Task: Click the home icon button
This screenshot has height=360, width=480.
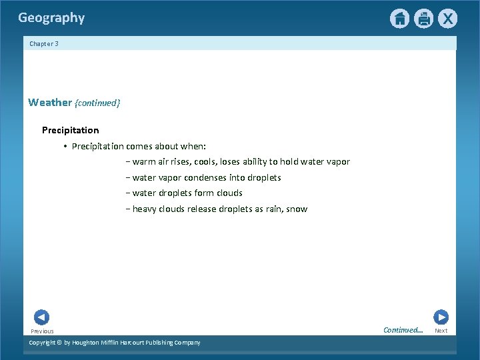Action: point(399,19)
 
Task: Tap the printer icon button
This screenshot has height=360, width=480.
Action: point(423,19)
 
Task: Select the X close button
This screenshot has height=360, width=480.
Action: point(447,19)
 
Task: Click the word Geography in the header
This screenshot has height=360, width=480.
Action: point(51,18)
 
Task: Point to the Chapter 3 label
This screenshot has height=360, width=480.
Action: point(44,44)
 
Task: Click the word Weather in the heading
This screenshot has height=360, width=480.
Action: point(50,103)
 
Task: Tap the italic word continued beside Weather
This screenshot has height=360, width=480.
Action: point(97,103)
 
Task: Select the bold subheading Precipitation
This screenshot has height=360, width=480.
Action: point(70,130)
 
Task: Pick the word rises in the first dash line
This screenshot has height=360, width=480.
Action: point(181,161)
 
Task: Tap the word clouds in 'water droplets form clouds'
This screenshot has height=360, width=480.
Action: point(229,193)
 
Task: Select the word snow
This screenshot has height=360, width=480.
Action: point(297,209)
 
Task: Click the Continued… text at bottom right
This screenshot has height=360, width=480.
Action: point(403,330)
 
